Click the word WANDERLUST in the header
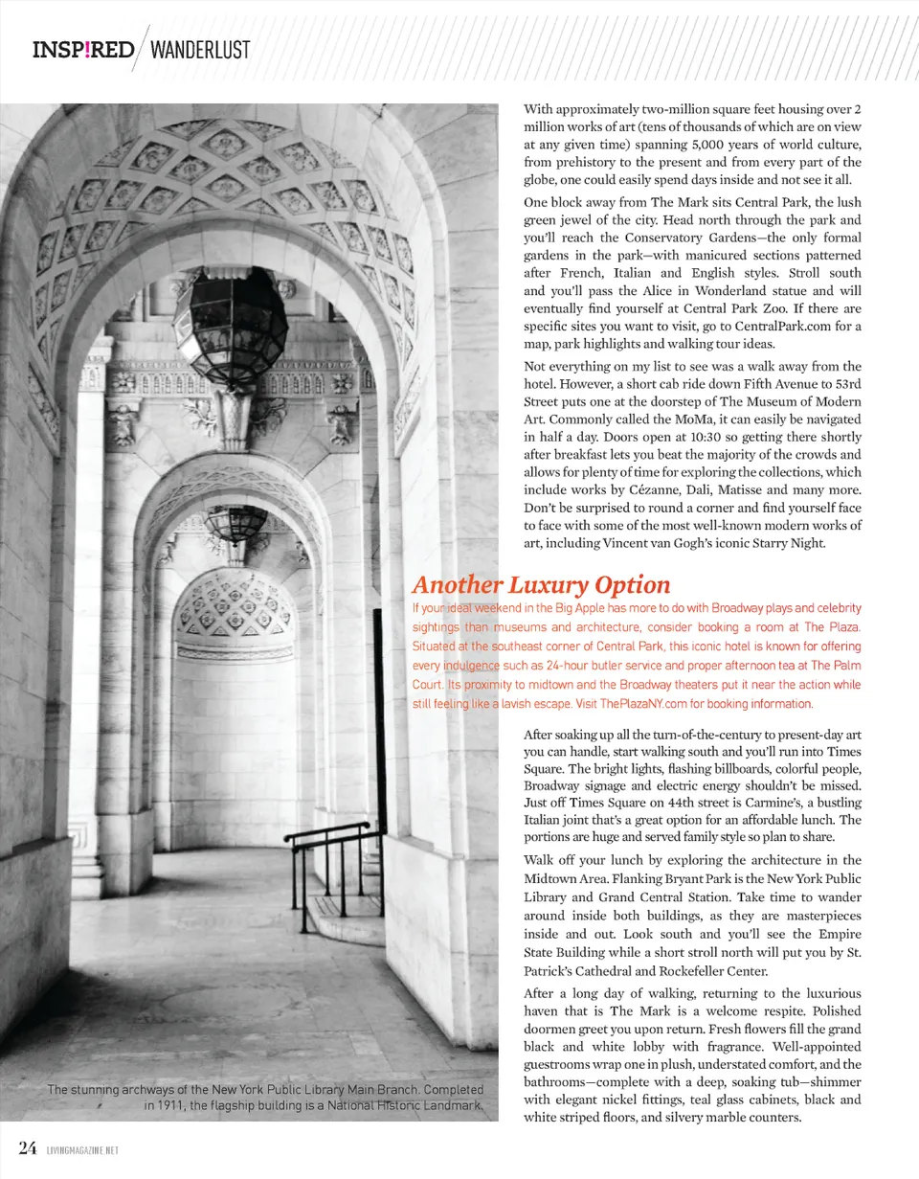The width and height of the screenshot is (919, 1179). coord(200,50)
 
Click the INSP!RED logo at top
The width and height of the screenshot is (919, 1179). coord(83,50)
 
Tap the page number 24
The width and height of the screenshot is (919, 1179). coord(28,1148)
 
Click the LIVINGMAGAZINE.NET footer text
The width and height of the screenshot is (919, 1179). coord(81,1150)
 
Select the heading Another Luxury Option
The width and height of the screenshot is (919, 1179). coord(541,584)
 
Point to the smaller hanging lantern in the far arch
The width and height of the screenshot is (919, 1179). coord(236,524)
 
